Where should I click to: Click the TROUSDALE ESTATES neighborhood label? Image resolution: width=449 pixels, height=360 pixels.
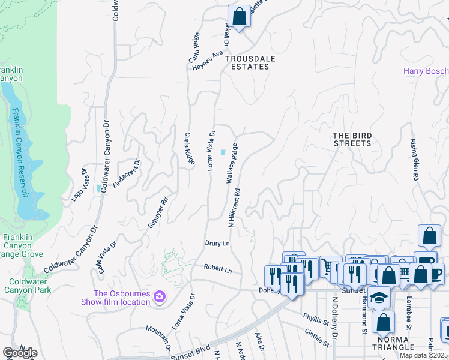tap(247, 62)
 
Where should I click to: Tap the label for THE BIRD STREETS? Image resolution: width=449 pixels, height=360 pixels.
tap(352, 139)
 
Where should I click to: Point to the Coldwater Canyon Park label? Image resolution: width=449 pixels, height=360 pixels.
tap(28, 286)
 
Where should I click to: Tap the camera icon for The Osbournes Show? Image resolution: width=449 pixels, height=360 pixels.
tap(160, 296)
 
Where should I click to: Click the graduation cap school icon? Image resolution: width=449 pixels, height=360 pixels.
tap(379, 298)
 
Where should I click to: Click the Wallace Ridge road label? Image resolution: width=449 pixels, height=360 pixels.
tap(232, 163)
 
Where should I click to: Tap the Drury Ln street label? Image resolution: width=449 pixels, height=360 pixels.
tap(217, 244)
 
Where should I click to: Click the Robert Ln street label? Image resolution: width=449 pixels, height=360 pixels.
tap(217, 270)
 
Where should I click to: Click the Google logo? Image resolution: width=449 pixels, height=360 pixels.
tap(20, 353)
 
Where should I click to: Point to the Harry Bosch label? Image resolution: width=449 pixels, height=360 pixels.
tap(425, 71)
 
